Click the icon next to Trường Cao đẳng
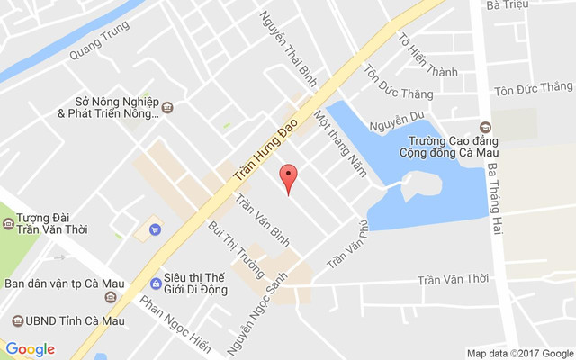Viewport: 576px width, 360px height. tap(485, 127)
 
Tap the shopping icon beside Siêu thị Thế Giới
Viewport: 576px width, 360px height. tap(157, 284)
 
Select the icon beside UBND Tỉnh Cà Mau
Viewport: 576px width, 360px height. tap(15, 320)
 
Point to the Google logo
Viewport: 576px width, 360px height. tap(31, 349)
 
